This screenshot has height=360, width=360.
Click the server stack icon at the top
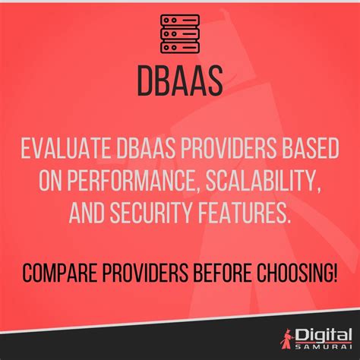coord(180,34)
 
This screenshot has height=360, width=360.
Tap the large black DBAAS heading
coord(180,80)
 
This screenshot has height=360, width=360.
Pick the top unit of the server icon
coord(180,21)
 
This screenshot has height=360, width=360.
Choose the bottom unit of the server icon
coord(180,47)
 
